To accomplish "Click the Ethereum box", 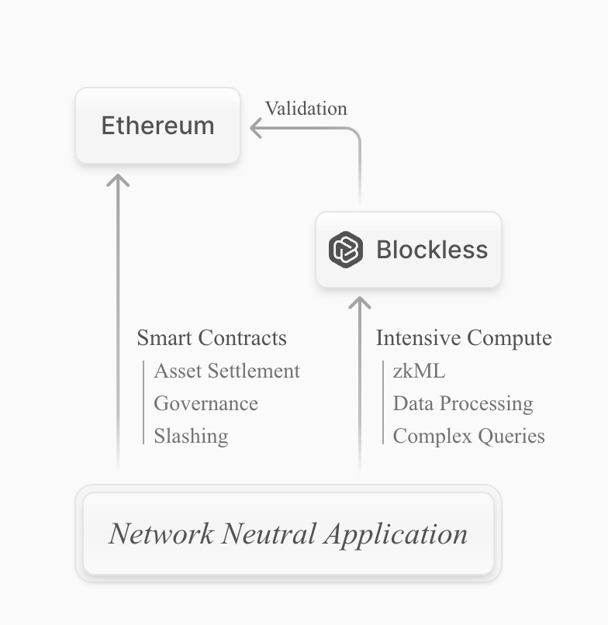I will pos(157,126).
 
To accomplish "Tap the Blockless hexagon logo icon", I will pos(345,250).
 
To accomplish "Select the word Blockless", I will pos(432,250).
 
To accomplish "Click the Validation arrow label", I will pos(306,109).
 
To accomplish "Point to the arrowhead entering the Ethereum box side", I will pos(255,128).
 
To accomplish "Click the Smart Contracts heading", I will pos(212,338).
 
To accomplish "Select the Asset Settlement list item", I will pos(226,371).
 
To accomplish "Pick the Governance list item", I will pos(206,403).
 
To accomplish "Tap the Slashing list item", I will pos(191,436).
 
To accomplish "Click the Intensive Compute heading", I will pos(464,338).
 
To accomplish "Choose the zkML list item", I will pos(419,371).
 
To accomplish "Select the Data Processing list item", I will pos(463,403).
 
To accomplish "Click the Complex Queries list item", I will pos(468,436).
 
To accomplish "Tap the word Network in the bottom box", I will pos(160,533).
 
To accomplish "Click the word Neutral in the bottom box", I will pos(268,533).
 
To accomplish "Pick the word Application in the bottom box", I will pos(396,533).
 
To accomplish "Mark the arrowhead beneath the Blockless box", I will pos(360,302).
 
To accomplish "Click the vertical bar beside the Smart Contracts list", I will pos(143,403).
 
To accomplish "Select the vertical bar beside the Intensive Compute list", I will pos(383,403).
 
